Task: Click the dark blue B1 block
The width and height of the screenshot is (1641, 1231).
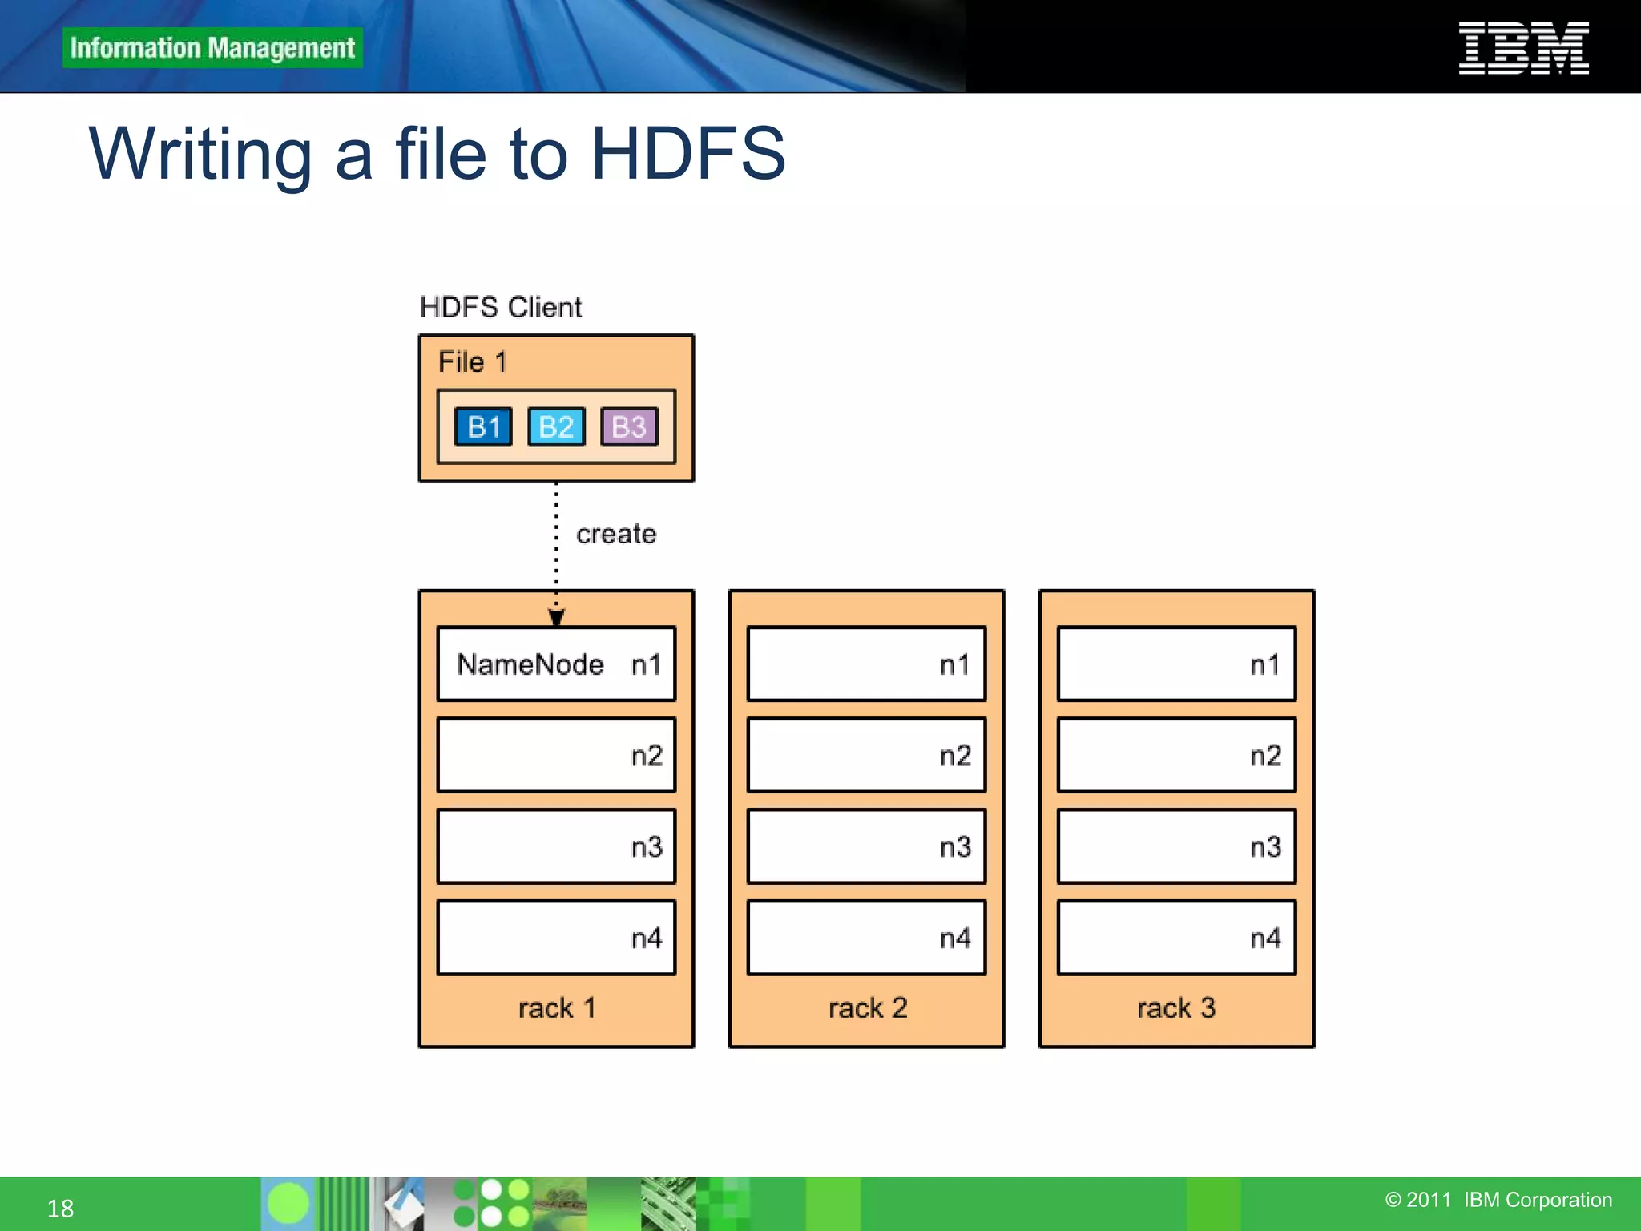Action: click(x=483, y=426)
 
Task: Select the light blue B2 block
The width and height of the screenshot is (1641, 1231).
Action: click(x=556, y=426)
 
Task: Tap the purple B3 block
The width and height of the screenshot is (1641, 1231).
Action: click(x=629, y=426)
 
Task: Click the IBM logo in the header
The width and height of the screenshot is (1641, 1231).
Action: click(x=1523, y=48)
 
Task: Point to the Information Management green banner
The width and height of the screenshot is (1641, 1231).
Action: click(x=212, y=48)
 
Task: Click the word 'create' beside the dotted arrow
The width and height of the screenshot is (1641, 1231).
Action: click(x=616, y=534)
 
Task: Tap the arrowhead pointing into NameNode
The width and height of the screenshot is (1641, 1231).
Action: click(x=556, y=617)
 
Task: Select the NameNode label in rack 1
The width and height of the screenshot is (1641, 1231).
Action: click(x=530, y=664)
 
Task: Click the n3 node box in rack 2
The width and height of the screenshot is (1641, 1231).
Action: click(x=866, y=846)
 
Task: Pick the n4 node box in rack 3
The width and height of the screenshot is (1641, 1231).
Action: click(x=1176, y=938)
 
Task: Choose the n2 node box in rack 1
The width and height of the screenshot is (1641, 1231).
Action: click(x=556, y=755)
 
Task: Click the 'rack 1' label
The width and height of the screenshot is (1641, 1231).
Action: click(x=557, y=1007)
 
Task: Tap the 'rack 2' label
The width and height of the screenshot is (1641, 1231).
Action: click(x=868, y=1007)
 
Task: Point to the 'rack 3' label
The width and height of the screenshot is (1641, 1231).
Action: click(x=1176, y=1007)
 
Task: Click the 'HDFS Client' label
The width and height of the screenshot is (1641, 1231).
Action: click(x=501, y=307)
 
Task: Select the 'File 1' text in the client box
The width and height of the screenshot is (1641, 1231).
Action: click(x=473, y=362)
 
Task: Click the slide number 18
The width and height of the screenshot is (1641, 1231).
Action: click(x=60, y=1208)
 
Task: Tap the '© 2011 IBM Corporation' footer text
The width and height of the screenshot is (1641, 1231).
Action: click(x=1498, y=1200)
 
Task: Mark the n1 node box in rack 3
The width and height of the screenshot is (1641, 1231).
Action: click(x=1176, y=664)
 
